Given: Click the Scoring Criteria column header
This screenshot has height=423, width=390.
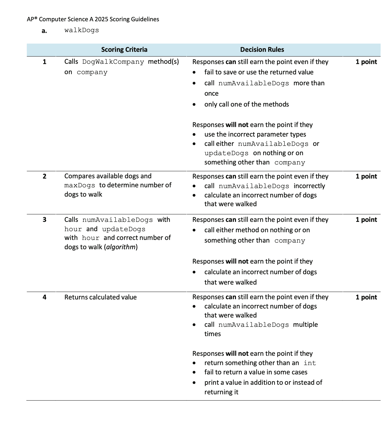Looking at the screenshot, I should (124, 50).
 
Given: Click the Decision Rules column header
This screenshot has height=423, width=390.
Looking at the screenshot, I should (262, 50).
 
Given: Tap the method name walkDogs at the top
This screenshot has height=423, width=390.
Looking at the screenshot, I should (82, 30).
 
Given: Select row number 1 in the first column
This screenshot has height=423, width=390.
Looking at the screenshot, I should (44, 62).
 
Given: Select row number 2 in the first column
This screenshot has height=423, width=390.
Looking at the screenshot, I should (44, 176).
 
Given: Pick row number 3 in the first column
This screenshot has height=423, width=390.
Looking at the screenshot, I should (44, 220).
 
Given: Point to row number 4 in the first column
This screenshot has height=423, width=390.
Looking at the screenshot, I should (44, 297).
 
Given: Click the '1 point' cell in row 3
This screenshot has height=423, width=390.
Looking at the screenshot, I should (366, 220).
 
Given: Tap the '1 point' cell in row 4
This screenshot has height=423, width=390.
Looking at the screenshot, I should (366, 297).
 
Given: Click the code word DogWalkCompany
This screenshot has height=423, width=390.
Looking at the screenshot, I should (113, 62).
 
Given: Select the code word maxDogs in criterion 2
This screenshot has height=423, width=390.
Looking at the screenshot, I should (80, 185).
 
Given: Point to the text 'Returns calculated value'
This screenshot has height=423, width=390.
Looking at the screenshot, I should (100, 297).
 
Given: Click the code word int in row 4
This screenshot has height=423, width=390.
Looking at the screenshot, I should (310, 363).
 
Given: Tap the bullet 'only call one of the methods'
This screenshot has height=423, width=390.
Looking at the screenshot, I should (246, 104).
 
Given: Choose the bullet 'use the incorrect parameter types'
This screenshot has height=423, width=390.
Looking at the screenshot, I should (255, 134).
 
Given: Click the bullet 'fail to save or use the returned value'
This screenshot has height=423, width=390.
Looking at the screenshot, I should (259, 72).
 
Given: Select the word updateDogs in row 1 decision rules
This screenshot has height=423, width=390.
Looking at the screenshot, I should (226, 153).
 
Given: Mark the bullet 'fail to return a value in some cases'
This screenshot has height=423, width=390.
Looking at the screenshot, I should (256, 372).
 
